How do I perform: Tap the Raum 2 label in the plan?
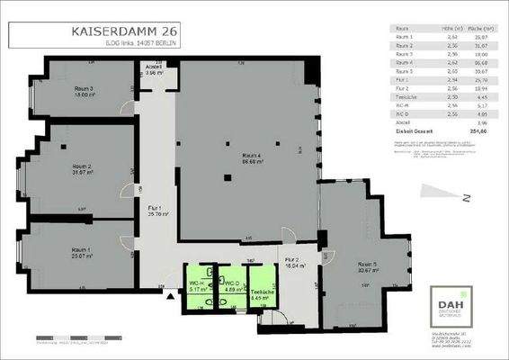pos(82,170)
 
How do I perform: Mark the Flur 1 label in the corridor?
pos(157,211)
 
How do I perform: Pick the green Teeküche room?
pos(263,286)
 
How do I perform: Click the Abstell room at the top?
pos(154,70)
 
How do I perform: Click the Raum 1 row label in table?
pos(406,37)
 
